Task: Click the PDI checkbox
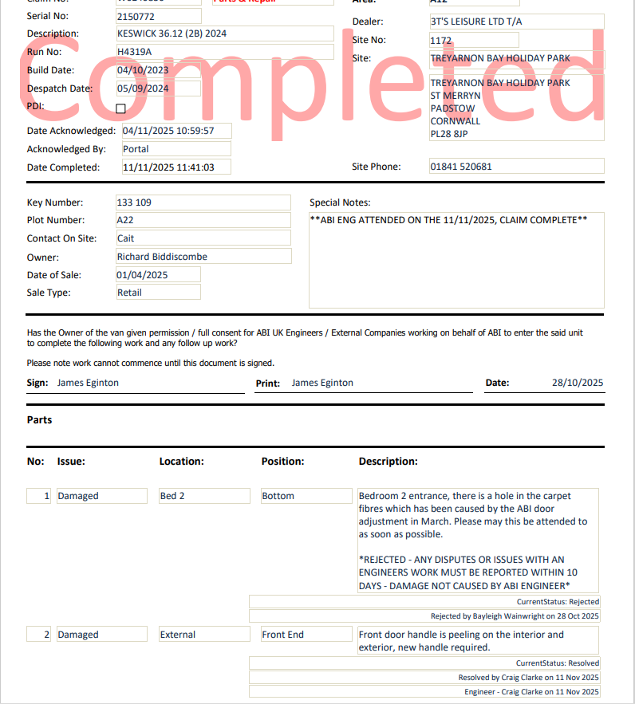click(121, 108)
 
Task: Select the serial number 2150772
click(136, 16)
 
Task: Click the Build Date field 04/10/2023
click(143, 70)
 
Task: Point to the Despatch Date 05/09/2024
click(143, 88)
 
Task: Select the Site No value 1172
click(441, 40)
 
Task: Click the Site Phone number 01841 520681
click(461, 167)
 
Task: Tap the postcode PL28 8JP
click(448, 134)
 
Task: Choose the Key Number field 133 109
click(134, 203)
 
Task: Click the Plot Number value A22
click(125, 220)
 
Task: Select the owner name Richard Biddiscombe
click(162, 257)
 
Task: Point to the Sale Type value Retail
click(129, 293)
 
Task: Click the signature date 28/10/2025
click(578, 383)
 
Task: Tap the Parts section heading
click(39, 420)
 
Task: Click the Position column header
click(282, 462)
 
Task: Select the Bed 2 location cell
click(172, 496)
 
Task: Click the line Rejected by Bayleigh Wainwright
click(515, 616)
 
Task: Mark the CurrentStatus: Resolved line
click(557, 663)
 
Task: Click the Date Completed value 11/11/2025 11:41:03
click(175, 167)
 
